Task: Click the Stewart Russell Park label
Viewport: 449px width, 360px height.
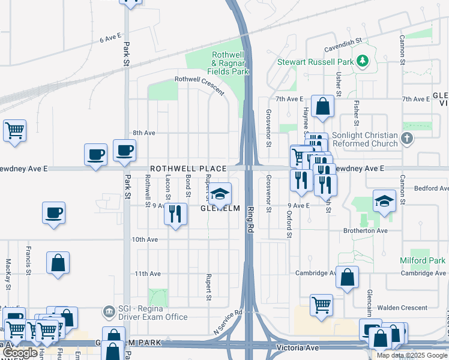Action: click(x=314, y=61)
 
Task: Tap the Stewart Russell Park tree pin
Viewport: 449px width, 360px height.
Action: click(x=362, y=61)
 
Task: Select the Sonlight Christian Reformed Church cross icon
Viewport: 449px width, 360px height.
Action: click(x=407, y=139)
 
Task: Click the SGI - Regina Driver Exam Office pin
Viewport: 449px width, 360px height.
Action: click(x=109, y=311)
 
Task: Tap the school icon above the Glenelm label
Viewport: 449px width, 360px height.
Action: click(x=220, y=194)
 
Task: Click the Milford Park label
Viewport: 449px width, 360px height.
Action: click(x=423, y=260)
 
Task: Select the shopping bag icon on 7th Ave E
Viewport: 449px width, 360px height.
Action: click(x=322, y=107)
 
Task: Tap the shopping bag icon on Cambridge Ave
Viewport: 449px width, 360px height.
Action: click(x=347, y=278)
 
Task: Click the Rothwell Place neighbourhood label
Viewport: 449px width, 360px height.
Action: click(x=188, y=169)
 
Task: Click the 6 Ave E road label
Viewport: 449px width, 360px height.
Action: click(x=110, y=38)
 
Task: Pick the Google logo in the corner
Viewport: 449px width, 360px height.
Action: click(x=20, y=353)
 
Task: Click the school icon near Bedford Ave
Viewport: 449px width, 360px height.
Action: click(x=384, y=202)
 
